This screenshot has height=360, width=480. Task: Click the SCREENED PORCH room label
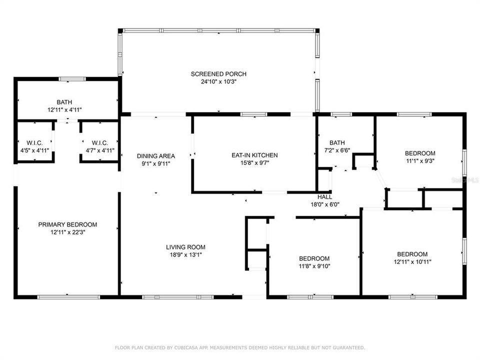(218, 74)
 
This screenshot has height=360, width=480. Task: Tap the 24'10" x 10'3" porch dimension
(218, 81)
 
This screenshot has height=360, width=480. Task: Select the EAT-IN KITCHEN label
(254, 155)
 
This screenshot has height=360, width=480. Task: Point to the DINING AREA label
(156, 156)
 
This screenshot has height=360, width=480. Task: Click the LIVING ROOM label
(185, 247)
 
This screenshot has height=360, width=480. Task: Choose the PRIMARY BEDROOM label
(67, 224)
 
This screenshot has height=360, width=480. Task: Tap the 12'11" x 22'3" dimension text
(67, 232)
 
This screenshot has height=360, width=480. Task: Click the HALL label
(325, 197)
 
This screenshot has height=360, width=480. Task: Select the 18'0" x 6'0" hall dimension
(325, 204)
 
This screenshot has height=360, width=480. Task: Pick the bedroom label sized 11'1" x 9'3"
(419, 153)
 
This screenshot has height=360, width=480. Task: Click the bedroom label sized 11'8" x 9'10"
(314, 258)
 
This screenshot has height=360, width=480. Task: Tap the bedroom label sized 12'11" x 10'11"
(412, 254)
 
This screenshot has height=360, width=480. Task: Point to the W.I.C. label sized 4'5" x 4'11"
(34, 143)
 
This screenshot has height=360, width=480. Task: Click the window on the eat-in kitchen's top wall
(254, 114)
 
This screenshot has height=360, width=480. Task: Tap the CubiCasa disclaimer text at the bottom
(240, 347)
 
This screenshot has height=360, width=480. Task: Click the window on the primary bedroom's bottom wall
(68, 297)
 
